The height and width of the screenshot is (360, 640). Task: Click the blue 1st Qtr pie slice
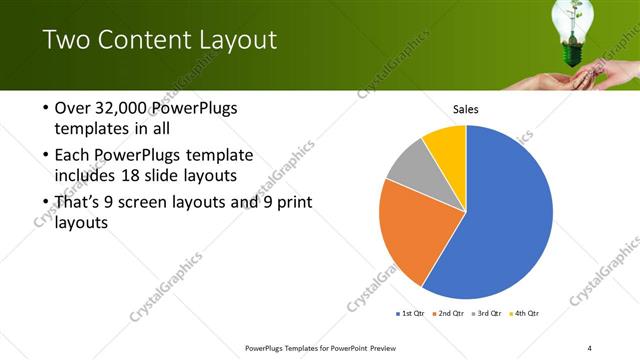505,220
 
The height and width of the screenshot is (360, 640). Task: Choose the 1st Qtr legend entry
410,313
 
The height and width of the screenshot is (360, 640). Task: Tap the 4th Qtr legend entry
526,313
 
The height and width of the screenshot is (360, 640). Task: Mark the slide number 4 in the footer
589,348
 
